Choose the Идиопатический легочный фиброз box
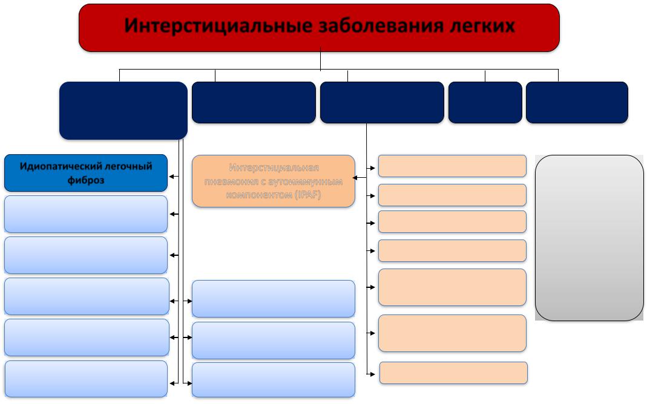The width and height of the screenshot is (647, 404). (x=85, y=173)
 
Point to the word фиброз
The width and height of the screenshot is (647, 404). (x=85, y=180)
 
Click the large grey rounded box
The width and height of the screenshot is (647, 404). (x=589, y=238)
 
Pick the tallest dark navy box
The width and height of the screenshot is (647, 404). (x=123, y=111)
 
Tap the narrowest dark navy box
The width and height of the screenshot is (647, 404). (x=485, y=102)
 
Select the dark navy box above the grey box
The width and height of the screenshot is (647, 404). (x=577, y=102)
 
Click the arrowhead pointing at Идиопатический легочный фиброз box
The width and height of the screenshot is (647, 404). (x=172, y=177)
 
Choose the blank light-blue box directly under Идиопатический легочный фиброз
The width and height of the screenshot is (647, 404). (x=85, y=213)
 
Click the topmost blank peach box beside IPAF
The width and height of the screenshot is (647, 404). (x=452, y=166)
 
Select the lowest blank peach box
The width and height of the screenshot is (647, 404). (x=453, y=373)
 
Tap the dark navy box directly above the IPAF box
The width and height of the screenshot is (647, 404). (x=254, y=102)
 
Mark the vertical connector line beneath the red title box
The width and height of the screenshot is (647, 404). (x=320, y=61)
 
